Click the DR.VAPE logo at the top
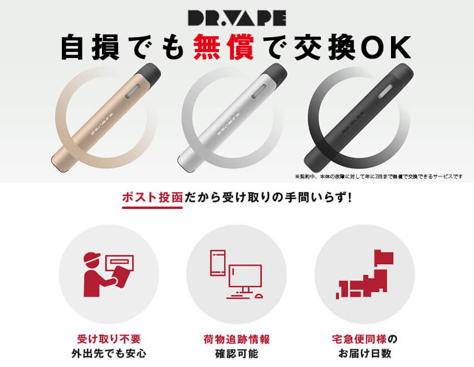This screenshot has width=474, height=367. pos(237,18)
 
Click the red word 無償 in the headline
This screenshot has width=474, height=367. pos(223,47)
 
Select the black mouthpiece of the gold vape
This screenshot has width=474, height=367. pos(149,73)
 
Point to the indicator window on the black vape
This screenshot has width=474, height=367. pos(385,91)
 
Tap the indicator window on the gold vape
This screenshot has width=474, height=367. pos(133,91)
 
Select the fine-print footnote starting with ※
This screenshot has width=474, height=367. pos(378,176)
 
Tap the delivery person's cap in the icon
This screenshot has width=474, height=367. pos(92,257)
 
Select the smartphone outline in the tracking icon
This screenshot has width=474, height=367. pos(218,263)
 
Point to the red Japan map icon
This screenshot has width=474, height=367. pos(365,275)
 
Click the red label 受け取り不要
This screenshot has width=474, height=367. pos(109,339)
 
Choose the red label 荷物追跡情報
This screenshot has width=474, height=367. pos(237,339)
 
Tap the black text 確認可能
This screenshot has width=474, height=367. pos(237,354)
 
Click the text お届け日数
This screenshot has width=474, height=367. pos(365,353)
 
